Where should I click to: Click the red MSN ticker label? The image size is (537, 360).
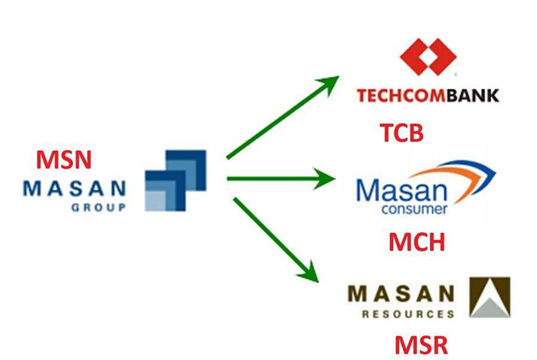(x=64, y=161)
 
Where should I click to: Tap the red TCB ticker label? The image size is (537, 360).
(x=401, y=132)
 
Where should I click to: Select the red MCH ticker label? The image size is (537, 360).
(x=416, y=242)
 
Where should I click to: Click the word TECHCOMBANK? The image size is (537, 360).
(x=427, y=96)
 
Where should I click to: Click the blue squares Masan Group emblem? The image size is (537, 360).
(x=175, y=180)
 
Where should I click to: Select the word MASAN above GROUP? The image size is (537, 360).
(x=75, y=189)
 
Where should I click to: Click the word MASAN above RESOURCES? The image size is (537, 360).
(x=401, y=295)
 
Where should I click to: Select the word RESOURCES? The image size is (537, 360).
(x=408, y=315)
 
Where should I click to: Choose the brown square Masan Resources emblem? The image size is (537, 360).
(x=490, y=298)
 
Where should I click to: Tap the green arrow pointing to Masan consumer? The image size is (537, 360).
(x=280, y=180)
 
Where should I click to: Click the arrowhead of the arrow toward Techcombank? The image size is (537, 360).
(x=330, y=82)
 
